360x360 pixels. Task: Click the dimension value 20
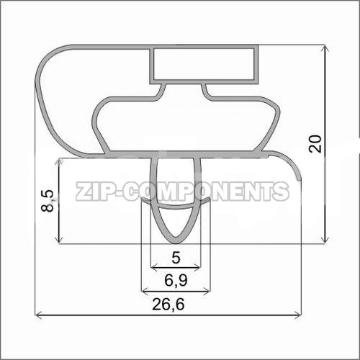click(315, 143)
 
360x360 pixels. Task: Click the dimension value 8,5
click(48, 200)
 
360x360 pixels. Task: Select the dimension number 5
click(176, 258)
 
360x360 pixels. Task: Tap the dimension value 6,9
click(176, 280)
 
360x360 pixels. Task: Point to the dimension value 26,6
click(168, 304)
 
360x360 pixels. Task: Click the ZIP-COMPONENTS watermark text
click(182, 191)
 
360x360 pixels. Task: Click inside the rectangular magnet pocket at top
click(204, 64)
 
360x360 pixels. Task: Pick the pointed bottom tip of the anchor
click(176, 243)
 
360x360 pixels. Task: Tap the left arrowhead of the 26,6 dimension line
click(38, 315)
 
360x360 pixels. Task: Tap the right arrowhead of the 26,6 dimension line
click(298, 315)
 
